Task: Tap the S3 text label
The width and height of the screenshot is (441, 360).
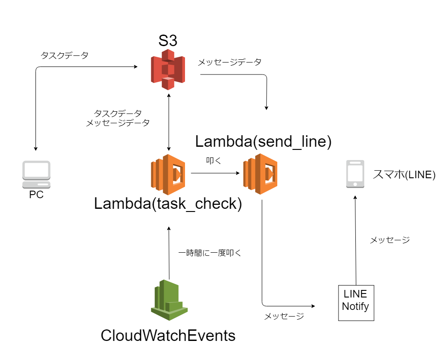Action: pyautogui.click(x=168, y=41)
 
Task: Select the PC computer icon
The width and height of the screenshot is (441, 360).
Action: pyautogui.click(x=36, y=174)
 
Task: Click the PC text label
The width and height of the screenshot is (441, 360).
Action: pyautogui.click(x=36, y=195)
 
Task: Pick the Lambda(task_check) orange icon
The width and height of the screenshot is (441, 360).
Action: pyautogui.click(x=168, y=175)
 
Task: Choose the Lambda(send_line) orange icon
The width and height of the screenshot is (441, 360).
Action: pyautogui.click(x=260, y=175)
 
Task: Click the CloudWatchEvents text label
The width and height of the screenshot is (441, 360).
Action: pyautogui.click(x=168, y=336)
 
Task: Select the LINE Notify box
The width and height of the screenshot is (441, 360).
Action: pyautogui.click(x=356, y=303)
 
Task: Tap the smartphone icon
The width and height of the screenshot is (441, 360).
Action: pyautogui.click(x=355, y=174)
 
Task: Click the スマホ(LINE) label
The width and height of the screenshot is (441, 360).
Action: pyautogui.click(x=404, y=175)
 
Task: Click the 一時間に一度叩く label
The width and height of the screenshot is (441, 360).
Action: pyautogui.click(x=209, y=253)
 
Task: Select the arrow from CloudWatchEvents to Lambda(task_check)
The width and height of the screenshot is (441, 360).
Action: pyautogui.click(x=169, y=253)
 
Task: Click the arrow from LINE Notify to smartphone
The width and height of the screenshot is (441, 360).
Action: pyautogui.click(x=355, y=239)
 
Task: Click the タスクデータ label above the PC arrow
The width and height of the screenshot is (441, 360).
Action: pyautogui.click(x=64, y=56)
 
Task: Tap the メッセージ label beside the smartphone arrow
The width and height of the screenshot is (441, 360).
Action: pyautogui.click(x=390, y=240)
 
